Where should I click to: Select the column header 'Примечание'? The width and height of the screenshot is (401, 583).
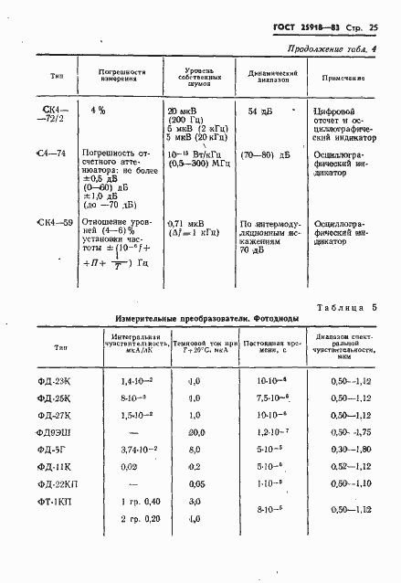coord(343,81)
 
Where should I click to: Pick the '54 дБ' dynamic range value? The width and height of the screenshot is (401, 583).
coord(261,111)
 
